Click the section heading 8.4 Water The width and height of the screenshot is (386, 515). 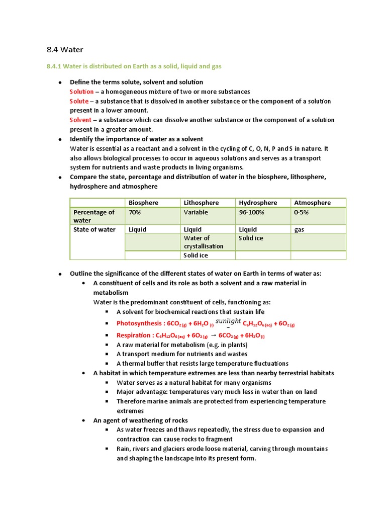click(x=64, y=49)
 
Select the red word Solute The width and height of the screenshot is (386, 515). click(x=79, y=101)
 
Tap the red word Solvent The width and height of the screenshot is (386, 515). click(x=80, y=120)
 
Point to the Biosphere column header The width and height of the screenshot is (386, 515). click(x=143, y=203)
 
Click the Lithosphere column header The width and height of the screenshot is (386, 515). click(x=201, y=203)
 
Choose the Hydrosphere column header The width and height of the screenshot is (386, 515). click(x=258, y=203)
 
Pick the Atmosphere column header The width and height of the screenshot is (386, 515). click(x=312, y=203)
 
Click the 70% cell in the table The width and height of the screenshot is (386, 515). click(x=135, y=212)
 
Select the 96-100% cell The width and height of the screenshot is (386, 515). click(x=251, y=212)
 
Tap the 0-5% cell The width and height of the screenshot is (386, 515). click(x=301, y=212)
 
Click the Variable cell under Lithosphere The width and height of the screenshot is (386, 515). click(x=196, y=212)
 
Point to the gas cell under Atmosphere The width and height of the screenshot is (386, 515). click(x=299, y=229)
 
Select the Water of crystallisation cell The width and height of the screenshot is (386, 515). click(x=204, y=242)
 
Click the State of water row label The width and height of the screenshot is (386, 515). click(x=94, y=229)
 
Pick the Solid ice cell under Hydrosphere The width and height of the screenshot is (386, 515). click(x=251, y=238)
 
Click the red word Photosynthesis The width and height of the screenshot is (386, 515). click(x=138, y=323)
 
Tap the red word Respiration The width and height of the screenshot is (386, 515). click(x=133, y=335)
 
